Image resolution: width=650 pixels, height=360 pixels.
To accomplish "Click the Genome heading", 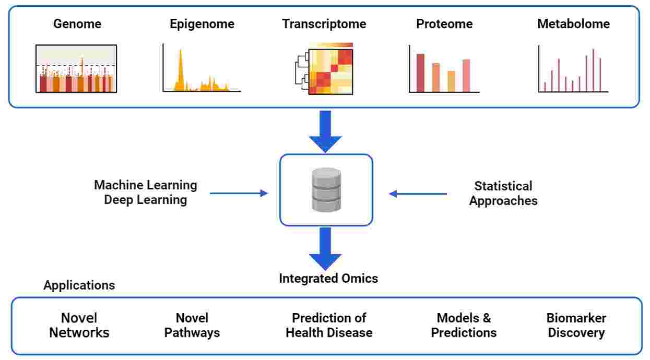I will (77, 24).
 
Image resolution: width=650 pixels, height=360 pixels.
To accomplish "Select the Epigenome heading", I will (202, 24).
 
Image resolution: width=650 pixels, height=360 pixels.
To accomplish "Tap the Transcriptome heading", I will (324, 24).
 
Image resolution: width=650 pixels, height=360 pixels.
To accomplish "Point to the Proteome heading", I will (444, 24).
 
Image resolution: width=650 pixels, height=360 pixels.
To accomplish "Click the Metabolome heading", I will (573, 24).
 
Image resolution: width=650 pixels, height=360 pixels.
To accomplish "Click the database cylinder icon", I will (326, 190).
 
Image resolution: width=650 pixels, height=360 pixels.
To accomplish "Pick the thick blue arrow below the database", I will (325, 248).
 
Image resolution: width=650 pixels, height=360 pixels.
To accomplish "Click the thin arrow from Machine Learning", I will (239, 194).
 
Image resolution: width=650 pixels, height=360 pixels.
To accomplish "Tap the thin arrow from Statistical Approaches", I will (418, 194).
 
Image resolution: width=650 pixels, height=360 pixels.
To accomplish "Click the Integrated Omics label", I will (328, 279).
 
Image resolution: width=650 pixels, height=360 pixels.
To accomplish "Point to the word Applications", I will (79, 285).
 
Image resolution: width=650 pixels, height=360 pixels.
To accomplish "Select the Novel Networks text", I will (79, 325).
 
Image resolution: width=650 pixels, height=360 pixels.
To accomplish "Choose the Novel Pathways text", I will (192, 325).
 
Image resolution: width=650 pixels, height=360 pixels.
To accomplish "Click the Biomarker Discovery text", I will (576, 325).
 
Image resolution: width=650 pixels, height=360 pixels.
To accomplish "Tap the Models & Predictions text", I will (464, 325).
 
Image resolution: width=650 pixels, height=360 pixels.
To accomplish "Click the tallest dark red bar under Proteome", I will (420, 73).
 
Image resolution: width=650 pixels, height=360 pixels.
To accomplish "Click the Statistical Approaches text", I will (503, 194).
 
